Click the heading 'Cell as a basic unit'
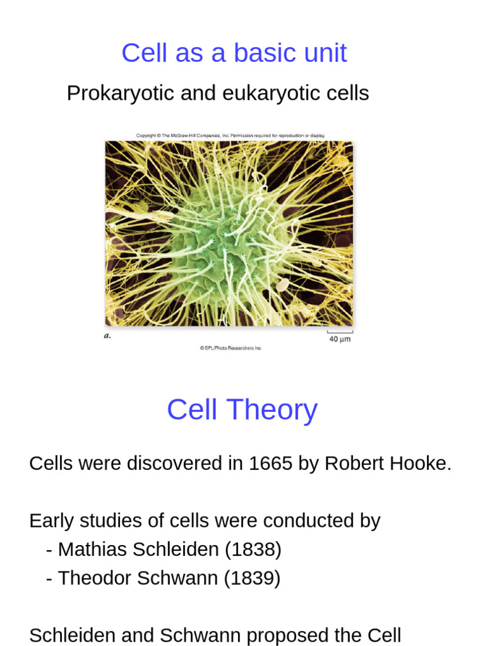234,53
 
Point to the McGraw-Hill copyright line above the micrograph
231,135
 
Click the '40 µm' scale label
339,339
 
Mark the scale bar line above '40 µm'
339,332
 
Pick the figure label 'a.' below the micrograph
107,336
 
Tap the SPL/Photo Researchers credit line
231,348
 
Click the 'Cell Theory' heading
242,410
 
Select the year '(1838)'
253,549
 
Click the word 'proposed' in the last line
257,635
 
